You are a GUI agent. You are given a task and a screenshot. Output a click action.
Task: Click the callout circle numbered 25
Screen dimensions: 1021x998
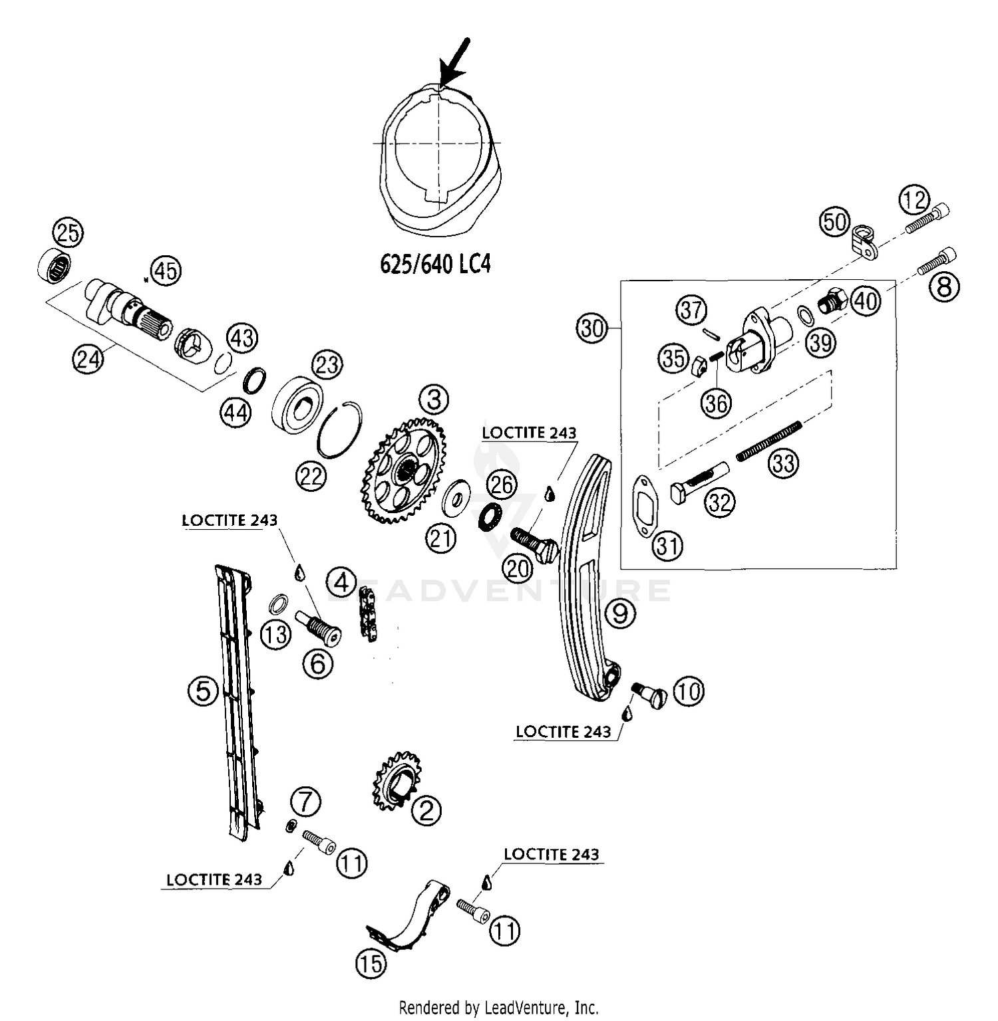coord(68,233)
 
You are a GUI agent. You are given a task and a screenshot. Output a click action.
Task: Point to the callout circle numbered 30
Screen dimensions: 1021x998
coord(591,329)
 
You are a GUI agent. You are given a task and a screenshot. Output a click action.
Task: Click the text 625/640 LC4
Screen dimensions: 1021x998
coord(435,264)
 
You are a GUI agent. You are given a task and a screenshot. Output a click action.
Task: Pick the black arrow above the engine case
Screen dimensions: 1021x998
coord(455,63)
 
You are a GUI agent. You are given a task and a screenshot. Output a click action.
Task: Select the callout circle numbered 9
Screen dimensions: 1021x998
coord(619,613)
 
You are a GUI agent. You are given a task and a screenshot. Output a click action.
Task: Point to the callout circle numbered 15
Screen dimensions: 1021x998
coord(371,963)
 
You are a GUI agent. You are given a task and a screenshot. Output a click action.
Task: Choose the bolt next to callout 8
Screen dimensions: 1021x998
coord(937,262)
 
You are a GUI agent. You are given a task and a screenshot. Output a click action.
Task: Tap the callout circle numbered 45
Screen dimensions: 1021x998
coord(166,271)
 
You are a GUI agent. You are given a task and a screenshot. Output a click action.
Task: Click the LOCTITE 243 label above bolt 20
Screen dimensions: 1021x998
coord(528,433)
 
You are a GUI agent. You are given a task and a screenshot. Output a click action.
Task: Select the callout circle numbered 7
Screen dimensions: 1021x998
coord(305,802)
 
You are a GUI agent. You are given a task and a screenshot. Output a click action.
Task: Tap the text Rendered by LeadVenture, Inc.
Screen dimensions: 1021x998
coord(498,1007)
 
